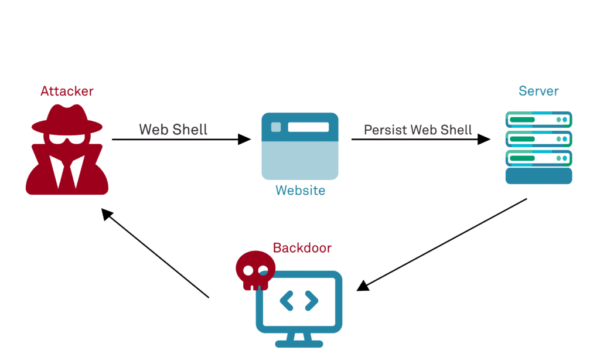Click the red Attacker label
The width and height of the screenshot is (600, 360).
(x=67, y=91)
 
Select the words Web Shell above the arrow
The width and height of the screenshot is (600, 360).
(x=173, y=129)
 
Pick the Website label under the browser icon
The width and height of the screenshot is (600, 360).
(x=300, y=191)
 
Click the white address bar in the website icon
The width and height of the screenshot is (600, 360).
(x=308, y=127)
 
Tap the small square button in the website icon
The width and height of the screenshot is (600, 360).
(x=275, y=127)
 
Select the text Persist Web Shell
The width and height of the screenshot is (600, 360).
(x=418, y=130)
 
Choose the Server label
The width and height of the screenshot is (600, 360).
(x=538, y=91)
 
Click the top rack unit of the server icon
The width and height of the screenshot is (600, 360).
(x=538, y=120)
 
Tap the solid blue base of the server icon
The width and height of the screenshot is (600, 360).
(x=538, y=176)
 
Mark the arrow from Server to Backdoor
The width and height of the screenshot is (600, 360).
(x=442, y=243)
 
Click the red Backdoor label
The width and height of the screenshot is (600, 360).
(x=302, y=248)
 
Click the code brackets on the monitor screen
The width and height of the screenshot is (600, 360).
(x=299, y=301)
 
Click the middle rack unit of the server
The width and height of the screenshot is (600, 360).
(x=538, y=139)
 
